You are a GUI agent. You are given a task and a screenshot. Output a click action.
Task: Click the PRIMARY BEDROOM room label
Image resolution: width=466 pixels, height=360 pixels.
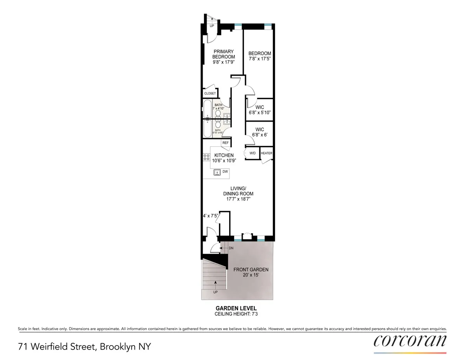[x=223, y=54]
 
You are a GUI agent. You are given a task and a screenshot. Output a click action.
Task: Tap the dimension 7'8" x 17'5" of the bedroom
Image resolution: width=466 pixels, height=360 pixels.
[x=260, y=59]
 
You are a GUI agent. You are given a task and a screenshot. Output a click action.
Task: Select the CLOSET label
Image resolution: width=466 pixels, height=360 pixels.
[x=210, y=94]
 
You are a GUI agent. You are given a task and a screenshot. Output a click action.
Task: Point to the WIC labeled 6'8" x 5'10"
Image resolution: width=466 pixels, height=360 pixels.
[x=260, y=110]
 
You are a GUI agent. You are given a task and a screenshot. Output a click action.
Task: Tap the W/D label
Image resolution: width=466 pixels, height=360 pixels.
[x=252, y=153]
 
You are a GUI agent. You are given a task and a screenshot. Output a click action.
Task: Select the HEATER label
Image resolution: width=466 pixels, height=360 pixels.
[x=266, y=153]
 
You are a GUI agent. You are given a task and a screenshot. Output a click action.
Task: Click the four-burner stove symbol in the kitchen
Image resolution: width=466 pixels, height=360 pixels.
[x=206, y=158]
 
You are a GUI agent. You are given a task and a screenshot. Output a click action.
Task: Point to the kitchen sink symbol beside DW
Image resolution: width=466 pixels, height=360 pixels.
[x=216, y=172]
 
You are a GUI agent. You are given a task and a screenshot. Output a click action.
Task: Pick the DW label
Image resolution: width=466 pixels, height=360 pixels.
[x=225, y=171]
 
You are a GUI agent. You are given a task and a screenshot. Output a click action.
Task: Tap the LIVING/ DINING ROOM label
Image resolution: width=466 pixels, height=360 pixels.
[x=238, y=193]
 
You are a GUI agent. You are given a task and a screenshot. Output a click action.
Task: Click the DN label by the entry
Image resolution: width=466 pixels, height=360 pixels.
[x=231, y=247]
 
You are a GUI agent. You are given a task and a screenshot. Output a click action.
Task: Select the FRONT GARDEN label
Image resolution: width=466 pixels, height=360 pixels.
[x=250, y=272]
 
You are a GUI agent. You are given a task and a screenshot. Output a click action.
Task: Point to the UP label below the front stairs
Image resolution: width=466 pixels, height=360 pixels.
[x=214, y=292]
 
